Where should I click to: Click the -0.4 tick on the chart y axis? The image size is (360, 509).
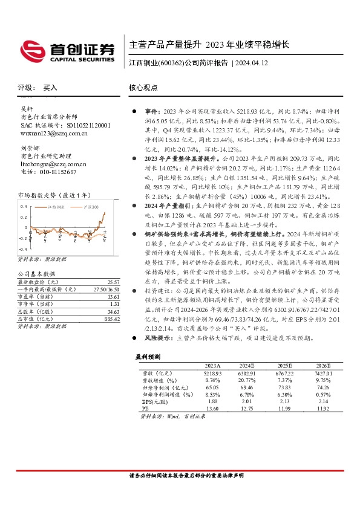pyautogui.click(x=21, y=248)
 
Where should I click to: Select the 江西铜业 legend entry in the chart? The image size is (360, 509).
pyautogui.click(x=58, y=207)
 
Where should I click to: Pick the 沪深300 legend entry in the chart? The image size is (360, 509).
pyautogui.click(x=91, y=207)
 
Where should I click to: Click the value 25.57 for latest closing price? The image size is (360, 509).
pyautogui.click(x=113, y=282)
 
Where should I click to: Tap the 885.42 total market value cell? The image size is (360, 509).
pyautogui.click(x=111, y=319)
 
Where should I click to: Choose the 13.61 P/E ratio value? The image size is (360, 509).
pyautogui.click(x=113, y=297)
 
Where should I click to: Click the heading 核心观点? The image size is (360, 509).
pyautogui.click(x=143, y=88)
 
